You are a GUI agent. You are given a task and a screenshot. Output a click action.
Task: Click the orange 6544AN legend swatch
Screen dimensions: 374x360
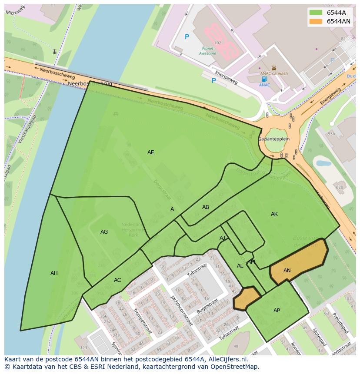tap(316, 21)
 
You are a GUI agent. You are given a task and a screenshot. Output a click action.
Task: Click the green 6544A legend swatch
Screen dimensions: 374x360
tap(316, 13)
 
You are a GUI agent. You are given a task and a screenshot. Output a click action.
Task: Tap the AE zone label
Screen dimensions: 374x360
tap(150, 152)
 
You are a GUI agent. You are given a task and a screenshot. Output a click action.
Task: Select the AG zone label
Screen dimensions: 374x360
tap(104, 232)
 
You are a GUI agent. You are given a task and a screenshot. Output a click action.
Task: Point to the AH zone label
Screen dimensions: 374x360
tap(54, 273)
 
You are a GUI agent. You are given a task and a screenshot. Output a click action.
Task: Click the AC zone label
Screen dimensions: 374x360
tap(117, 280)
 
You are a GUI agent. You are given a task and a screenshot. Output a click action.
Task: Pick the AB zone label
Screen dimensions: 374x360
tap(206, 207)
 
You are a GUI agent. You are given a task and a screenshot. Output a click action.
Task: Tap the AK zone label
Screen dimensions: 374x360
tap(274, 214)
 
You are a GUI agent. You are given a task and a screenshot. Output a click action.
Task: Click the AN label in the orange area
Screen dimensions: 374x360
tap(287, 271)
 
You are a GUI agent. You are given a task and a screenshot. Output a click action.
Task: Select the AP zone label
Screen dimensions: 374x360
tap(277, 311)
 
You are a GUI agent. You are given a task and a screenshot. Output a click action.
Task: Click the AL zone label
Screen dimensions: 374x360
tap(240, 266)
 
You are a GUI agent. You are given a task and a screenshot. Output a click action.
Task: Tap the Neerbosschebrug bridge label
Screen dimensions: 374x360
tap(90, 83)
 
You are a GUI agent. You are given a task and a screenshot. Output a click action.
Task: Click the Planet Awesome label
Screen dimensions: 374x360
tap(207, 51)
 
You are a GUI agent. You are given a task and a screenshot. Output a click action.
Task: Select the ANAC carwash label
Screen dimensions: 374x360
tap(274, 73)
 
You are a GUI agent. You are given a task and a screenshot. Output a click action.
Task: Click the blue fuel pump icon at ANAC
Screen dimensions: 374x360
tap(264, 79)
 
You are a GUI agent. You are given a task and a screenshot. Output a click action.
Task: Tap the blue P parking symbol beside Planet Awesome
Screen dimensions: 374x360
tap(187, 37)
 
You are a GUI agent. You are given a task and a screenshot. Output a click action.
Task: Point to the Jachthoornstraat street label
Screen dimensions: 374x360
tap(182, 310)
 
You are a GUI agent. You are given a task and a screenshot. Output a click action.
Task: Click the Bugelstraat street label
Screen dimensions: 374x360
tap(207, 306)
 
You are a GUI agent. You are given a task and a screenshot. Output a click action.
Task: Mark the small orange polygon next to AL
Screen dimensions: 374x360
tap(246, 298)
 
